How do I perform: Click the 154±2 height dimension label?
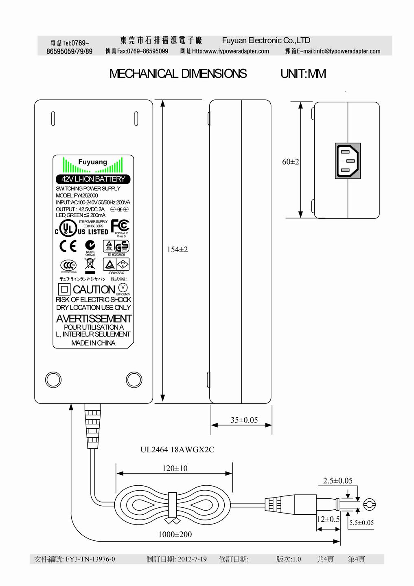coord(177,249)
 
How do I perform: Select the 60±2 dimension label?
coord(291,162)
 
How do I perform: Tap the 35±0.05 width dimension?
coord(244,420)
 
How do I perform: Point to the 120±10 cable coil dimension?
coord(175,468)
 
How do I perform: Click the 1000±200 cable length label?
coord(175,534)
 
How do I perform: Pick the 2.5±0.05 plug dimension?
coord(338,481)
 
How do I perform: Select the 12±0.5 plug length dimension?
coord(328,519)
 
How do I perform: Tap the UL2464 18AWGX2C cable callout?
coord(177,450)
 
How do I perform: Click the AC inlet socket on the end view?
coord(348,161)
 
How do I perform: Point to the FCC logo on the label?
coord(120,226)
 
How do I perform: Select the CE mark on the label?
coord(68,246)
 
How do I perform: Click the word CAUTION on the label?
coord(94,290)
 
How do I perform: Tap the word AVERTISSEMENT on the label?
coord(94,319)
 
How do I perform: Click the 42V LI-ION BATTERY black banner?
coord(93,179)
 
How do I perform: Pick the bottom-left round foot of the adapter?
coord(53,379)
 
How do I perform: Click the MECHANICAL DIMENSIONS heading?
coord(178,74)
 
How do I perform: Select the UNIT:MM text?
coord(303,74)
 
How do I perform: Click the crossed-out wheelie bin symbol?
coord(90,265)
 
